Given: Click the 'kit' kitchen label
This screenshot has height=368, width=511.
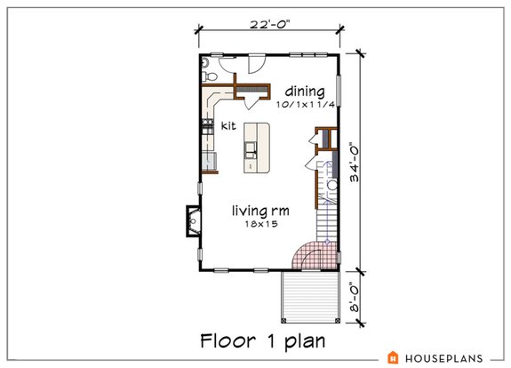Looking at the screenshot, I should (x=228, y=126).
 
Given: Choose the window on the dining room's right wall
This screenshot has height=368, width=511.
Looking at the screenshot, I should (x=339, y=91).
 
